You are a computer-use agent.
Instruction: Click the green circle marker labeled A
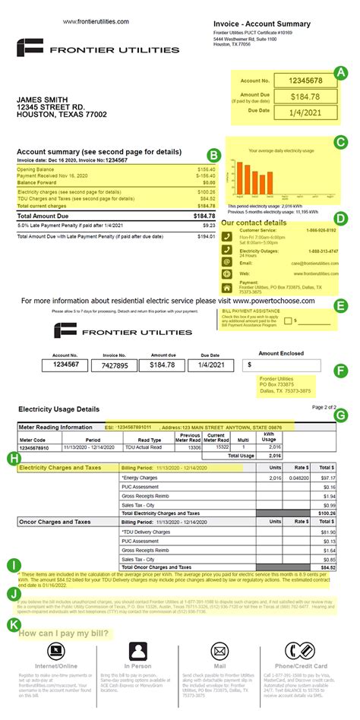pyautogui.click(x=342, y=73)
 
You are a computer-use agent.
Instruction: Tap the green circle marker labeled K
pyautogui.click(x=13, y=624)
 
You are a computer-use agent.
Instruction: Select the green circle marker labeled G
pyautogui.click(x=340, y=415)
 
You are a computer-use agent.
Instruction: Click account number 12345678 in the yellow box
pyautogui.click(x=302, y=80)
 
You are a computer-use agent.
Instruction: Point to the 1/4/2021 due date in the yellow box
pyautogui.click(x=302, y=112)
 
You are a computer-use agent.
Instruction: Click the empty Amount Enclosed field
pyautogui.click(x=292, y=365)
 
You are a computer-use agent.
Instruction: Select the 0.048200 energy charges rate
pyautogui.click(x=300, y=478)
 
